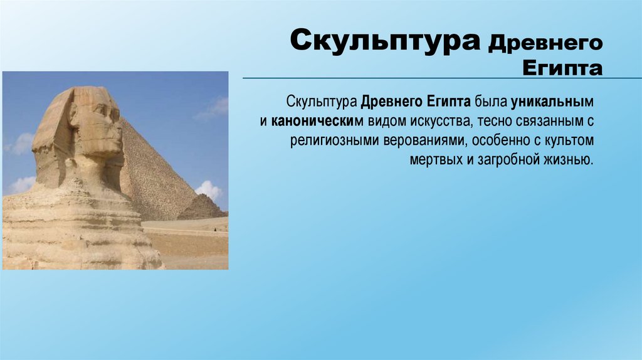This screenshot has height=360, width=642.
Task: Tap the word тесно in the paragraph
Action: point(488,120)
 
